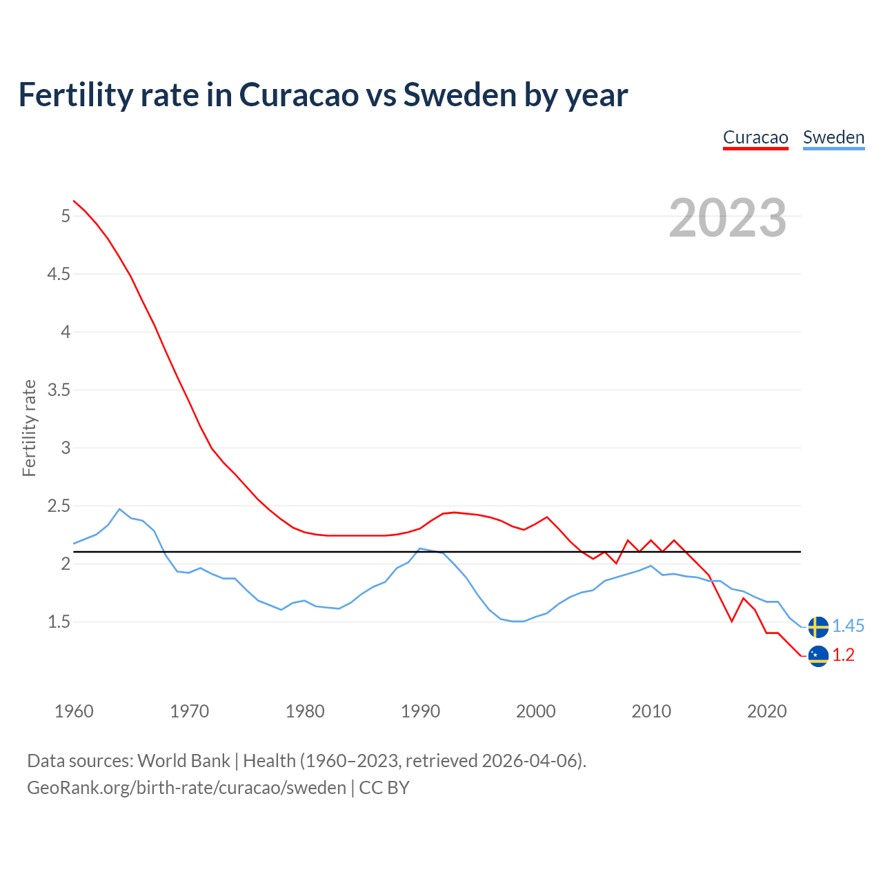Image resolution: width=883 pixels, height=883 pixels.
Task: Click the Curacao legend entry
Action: tap(755, 137)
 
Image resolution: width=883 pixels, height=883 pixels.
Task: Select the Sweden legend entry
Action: tap(833, 137)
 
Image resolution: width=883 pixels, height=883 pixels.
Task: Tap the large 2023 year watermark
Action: tap(728, 218)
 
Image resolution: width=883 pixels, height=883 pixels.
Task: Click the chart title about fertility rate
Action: tap(323, 95)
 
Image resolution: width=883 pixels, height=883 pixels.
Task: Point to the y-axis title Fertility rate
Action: tap(29, 428)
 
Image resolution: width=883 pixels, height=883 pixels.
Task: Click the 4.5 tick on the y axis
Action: tap(59, 275)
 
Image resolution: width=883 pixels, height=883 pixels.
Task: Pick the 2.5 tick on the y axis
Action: tap(59, 506)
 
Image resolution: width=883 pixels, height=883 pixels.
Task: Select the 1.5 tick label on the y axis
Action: tap(59, 622)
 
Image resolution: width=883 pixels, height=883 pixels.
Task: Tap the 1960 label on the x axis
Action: tap(74, 711)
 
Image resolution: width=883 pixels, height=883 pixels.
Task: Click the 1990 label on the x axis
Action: tap(420, 711)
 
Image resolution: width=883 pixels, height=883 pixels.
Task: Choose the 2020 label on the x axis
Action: tap(766, 711)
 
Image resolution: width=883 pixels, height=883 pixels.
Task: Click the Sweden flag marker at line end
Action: tap(818, 626)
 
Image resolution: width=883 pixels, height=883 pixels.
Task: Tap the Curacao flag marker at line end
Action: tap(818, 655)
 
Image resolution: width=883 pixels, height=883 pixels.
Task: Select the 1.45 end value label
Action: tap(848, 626)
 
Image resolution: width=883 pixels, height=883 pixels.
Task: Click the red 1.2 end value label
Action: tap(843, 655)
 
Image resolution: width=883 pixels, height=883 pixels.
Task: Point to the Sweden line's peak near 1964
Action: tap(119, 509)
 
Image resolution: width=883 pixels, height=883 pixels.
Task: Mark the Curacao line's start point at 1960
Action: tap(74, 201)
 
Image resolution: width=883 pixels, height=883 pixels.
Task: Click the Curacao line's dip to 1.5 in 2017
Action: tap(731, 622)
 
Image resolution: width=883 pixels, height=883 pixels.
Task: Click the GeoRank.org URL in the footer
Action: tap(186, 788)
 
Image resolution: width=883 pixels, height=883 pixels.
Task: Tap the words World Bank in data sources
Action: tap(183, 761)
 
